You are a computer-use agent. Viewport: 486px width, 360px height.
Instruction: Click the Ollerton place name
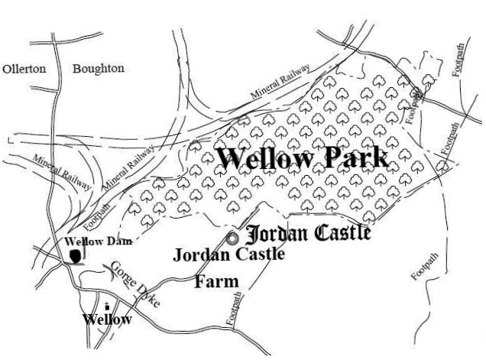[x=24, y=69]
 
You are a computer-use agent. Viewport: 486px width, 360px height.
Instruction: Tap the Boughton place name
[x=98, y=69]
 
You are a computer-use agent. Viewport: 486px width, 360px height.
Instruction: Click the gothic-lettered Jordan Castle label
[x=309, y=232]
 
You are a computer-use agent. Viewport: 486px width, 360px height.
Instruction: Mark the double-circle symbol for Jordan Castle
[x=232, y=238]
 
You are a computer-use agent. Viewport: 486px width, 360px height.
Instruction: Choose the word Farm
[x=216, y=281]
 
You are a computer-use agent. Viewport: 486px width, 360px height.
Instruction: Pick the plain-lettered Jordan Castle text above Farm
[x=228, y=255]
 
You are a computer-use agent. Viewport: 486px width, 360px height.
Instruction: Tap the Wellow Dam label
[x=98, y=242]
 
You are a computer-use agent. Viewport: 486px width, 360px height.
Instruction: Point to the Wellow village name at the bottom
[x=107, y=318]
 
